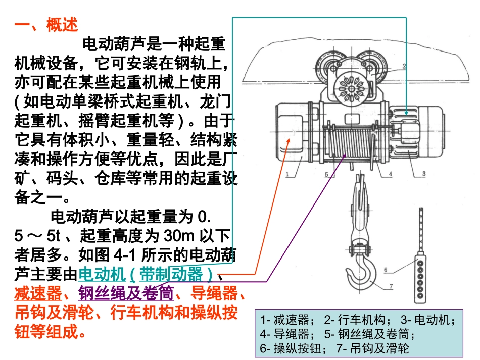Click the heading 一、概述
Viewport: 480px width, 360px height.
(x=46, y=26)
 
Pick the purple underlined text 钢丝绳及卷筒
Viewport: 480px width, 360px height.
(x=126, y=294)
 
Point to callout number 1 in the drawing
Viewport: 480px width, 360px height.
(x=287, y=175)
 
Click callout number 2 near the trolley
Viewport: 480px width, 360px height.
(x=404, y=66)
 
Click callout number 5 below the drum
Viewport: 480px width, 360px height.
(x=326, y=175)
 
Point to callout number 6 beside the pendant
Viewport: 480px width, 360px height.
(x=385, y=270)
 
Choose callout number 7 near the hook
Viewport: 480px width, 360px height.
(x=390, y=287)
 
